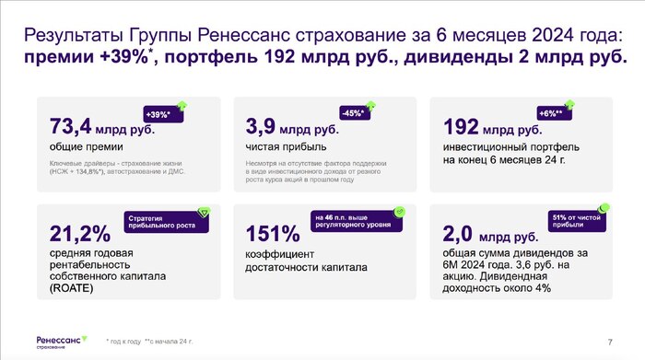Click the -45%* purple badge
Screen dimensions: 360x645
coord(354,114)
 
